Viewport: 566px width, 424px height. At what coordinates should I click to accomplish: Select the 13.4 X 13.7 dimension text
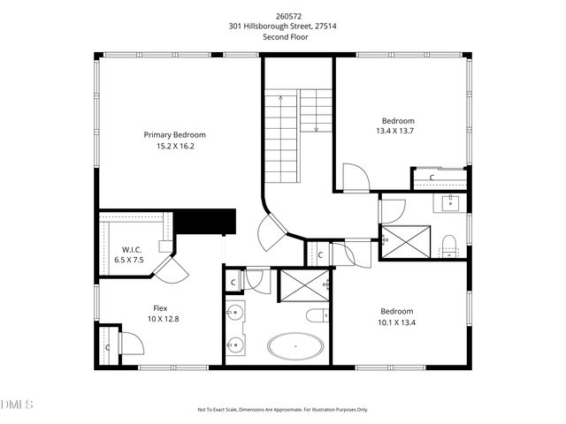(397, 132)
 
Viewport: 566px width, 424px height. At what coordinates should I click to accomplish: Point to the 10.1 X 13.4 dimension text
(397, 322)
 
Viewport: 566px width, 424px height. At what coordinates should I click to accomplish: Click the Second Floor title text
(283, 36)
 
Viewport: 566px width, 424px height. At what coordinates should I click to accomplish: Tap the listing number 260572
(283, 16)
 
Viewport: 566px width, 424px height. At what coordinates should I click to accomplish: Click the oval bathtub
(295, 347)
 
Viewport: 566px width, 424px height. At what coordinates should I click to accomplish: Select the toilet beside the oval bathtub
(317, 316)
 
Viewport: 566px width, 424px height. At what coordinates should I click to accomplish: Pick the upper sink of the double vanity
(235, 314)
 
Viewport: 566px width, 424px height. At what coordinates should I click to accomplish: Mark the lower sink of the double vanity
(235, 345)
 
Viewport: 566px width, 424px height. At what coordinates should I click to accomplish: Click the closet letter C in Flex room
(108, 347)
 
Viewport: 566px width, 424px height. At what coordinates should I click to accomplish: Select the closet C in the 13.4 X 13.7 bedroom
(432, 178)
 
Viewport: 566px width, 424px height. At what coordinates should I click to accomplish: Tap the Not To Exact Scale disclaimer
(283, 410)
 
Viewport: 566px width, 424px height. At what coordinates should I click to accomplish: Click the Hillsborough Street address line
(283, 26)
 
